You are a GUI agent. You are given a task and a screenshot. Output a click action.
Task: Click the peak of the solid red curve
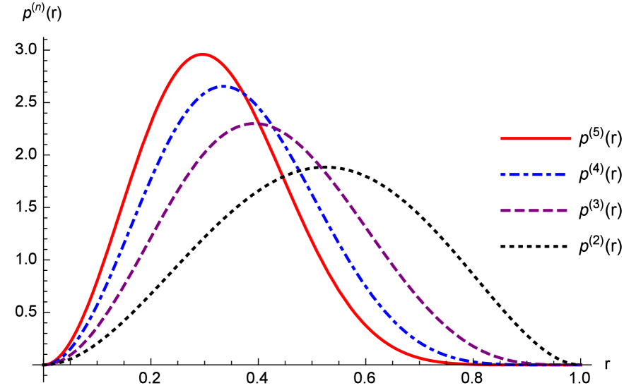[203, 54]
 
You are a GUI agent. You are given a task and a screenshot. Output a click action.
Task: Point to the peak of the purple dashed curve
[256, 123]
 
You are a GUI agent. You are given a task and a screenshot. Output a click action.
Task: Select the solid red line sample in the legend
[536, 139]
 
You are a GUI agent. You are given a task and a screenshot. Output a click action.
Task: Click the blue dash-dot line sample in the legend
[534, 174]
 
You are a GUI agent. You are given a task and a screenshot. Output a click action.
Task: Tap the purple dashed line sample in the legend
[534, 210]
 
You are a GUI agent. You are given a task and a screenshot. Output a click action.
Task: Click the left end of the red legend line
[502, 139]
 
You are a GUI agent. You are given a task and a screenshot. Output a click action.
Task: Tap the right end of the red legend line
[570, 139]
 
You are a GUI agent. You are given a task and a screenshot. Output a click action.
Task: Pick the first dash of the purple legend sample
[506, 210]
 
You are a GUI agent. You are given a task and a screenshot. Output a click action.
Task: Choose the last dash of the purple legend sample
[560, 210]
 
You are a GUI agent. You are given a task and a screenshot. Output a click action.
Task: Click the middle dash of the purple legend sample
[534, 210]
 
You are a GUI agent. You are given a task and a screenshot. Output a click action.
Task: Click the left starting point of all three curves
[47, 365]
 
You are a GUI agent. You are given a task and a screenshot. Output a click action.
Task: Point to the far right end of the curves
[581, 365]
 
